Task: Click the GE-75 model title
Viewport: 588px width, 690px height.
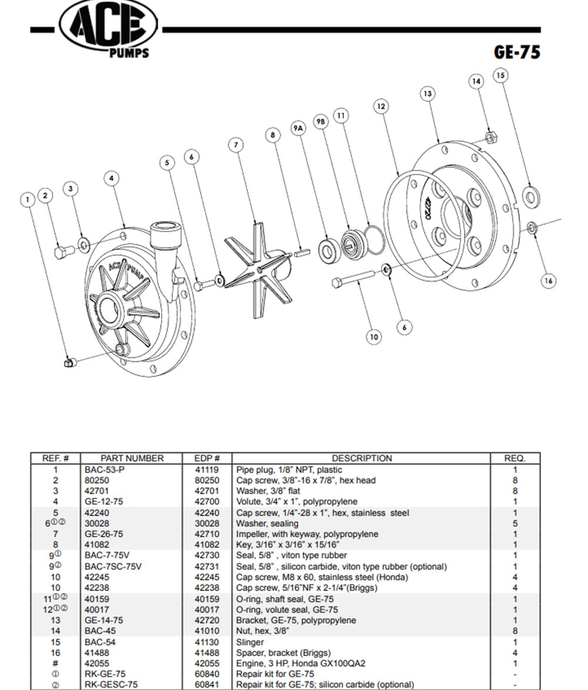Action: point(516,52)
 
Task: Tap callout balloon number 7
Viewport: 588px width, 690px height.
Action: point(236,145)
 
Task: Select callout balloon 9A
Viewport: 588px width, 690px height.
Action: point(299,127)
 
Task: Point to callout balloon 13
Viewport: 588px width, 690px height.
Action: point(427,93)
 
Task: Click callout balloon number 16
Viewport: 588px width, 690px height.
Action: point(548,281)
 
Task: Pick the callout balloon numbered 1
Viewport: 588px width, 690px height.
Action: point(27,200)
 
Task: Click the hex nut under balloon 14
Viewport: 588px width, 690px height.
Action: point(490,138)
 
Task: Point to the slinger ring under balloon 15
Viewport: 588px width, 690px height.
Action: point(531,196)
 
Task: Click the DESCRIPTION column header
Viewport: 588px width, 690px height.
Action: point(361,458)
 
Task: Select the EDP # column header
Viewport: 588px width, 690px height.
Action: point(208,458)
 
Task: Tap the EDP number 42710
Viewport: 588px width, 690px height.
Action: point(208,534)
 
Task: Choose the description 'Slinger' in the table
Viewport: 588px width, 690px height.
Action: point(250,642)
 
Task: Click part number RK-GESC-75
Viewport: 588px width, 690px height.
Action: point(111,685)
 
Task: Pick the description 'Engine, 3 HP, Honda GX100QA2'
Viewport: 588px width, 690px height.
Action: point(301,664)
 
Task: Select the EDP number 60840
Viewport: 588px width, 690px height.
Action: point(208,674)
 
